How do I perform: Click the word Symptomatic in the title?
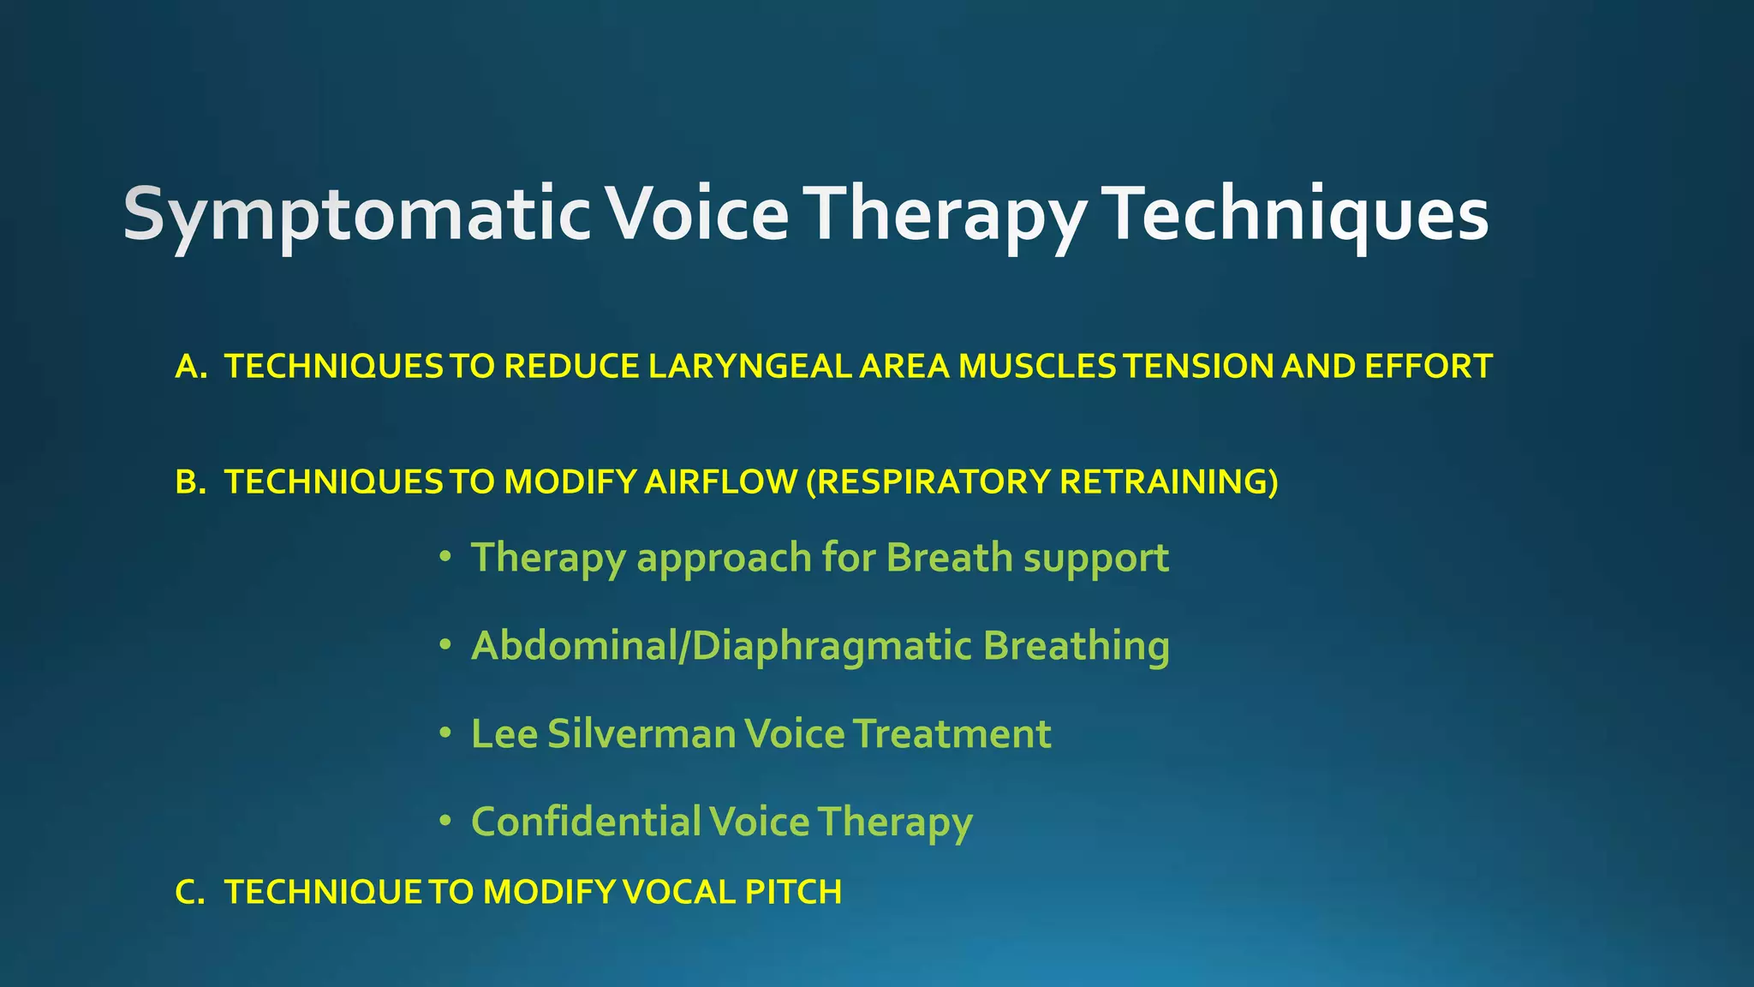point(356,214)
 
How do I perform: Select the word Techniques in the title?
point(1295,214)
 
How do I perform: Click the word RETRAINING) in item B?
point(1168,482)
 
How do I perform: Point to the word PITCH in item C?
point(793,893)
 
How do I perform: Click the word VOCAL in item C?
point(679,893)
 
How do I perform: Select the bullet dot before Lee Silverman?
point(444,734)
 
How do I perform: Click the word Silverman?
point(641,734)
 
